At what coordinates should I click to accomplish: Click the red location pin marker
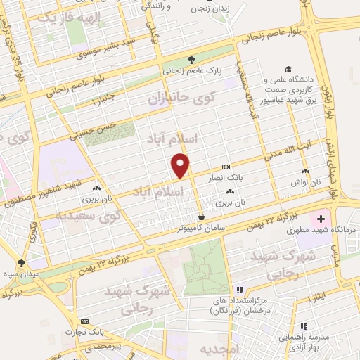click(181, 165)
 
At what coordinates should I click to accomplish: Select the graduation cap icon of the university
click(288, 69)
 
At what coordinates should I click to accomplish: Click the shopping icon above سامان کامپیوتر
click(202, 217)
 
